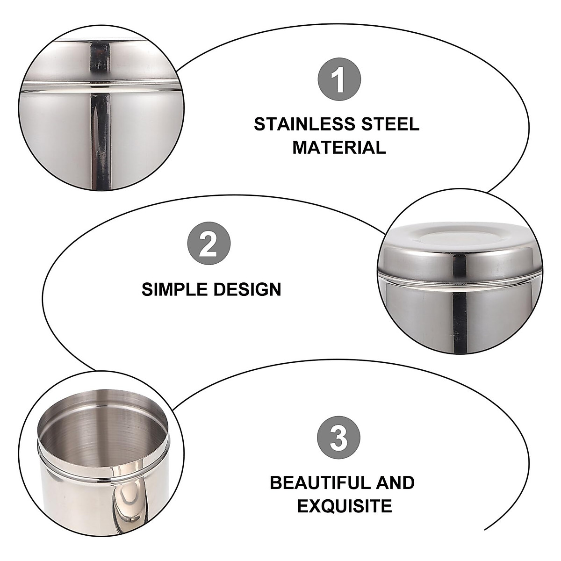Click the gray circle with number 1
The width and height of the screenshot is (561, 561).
339,79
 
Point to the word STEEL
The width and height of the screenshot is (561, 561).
389,125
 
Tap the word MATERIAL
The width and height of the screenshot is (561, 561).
339,148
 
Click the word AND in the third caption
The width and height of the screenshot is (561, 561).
392,483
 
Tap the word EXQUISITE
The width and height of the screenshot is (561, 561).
345,506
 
